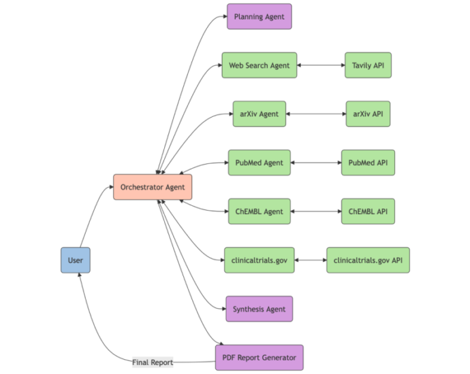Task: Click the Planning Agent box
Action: (260, 16)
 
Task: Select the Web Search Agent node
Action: (260, 65)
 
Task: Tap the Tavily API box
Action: (368, 65)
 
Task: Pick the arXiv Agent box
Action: (260, 114)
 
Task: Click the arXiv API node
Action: (368, 114)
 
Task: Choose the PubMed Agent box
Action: (260, 163)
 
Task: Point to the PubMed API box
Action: (368, 163)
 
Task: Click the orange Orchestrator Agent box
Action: (153, 187)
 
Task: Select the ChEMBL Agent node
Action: (260, 211)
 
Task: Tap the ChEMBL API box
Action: (368, 211)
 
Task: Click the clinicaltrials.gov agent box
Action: (260, 260)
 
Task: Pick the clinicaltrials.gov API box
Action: (368, 260)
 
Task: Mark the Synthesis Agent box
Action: (260, 309)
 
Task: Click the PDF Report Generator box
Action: (260, 358)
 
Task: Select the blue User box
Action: (76, 260)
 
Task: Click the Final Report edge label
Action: (153, 362)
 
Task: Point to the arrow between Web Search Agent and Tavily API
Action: (321, 65)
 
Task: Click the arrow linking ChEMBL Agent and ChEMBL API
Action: (316, 211)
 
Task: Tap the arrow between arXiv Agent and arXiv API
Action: (316, 114)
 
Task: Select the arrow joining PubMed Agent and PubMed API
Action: (316, 163)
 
